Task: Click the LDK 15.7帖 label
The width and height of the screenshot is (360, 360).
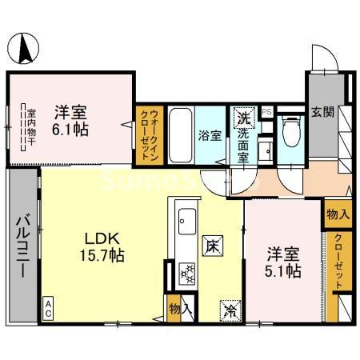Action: [106, 246]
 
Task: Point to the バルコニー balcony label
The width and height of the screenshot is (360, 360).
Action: [24, 246]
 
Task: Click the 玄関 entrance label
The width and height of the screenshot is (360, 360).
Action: [322, 111]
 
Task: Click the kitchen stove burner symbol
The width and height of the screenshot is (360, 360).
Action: [187, 274]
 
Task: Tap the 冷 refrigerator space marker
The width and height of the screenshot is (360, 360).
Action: [230, 306]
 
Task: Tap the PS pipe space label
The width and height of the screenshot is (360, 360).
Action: [267, 112]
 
